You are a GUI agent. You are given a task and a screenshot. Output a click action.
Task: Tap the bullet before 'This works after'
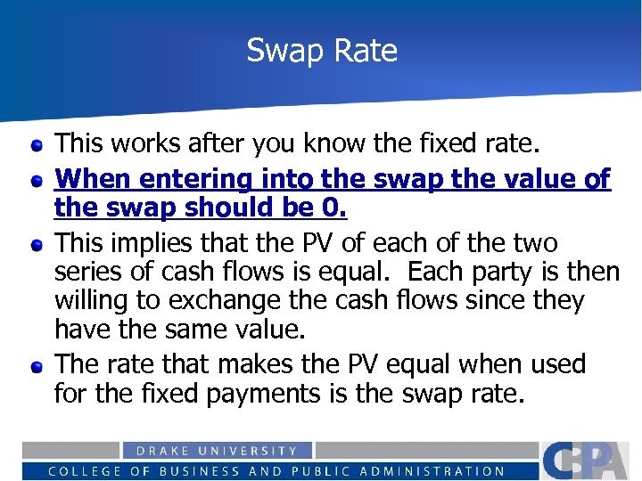[x=36, y=143]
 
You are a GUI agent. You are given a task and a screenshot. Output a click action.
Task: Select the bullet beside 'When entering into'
[x=36, y=180]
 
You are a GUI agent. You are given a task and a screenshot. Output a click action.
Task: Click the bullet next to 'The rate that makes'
[x=36, y=366]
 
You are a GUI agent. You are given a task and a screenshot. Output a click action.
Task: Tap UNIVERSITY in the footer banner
[x=254, y=452]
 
